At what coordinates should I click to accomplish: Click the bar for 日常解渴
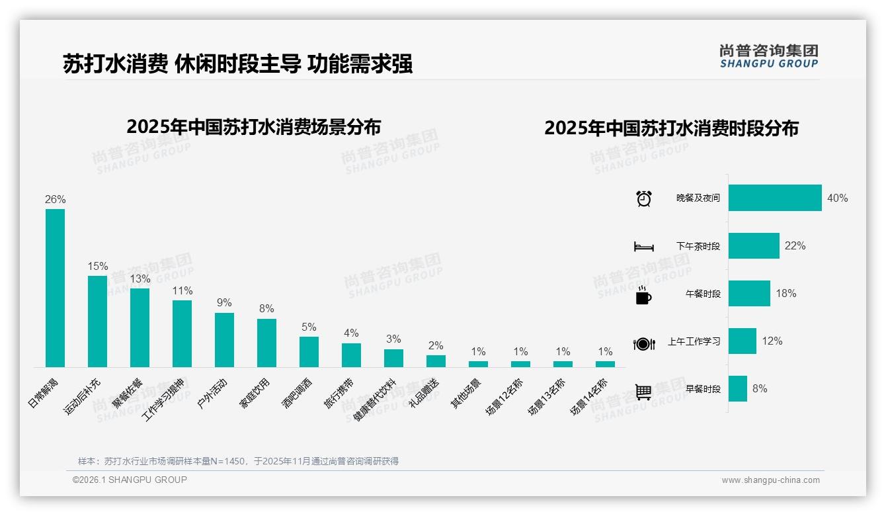[x=55, y=288]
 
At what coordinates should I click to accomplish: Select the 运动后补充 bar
[x=97, y=322]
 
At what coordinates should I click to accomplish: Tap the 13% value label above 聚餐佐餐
[x=140, y=279]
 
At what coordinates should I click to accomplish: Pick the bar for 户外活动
[x=224, y=340]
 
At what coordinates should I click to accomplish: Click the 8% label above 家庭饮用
[x=266, y=309]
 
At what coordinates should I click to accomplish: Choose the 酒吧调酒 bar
[x=309, y=352]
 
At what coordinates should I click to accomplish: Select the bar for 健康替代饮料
[x=393, y=358]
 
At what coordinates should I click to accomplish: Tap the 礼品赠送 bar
[x=436, y=361]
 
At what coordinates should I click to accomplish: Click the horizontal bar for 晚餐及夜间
[x=775, y=198]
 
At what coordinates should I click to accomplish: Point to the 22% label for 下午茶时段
[x=795, y=245]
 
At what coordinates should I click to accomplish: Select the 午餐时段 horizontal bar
[x=749, y=293]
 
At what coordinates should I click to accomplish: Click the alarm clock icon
[x=643, y=198]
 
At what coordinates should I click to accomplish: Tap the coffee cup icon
[x=643, y=295]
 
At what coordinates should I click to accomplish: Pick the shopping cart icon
[x=643, y=392]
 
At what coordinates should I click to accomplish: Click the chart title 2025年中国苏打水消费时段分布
[x=671, y=128]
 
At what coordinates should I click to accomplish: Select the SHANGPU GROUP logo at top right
[x=768, y=56]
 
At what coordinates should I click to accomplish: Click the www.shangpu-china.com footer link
[x=770, y=480]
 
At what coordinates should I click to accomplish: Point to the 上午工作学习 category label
[x=694, y=341]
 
